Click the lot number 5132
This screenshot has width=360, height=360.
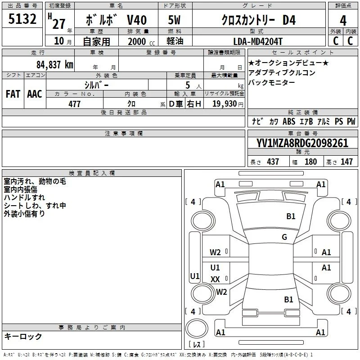click(22, 19)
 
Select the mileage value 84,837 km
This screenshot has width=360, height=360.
click(54, 65)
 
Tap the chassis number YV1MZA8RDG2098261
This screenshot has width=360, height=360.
click(302, 143)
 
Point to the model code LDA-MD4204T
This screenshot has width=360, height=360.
click(257, 41)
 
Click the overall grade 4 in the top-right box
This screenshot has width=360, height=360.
click(343, 21)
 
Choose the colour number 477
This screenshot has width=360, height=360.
click(74, 104)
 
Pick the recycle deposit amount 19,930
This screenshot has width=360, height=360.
click(224, 104)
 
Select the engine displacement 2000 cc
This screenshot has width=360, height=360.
click(141, 41)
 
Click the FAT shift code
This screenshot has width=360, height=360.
click(13, 94)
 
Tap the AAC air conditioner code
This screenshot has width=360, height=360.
click(35, 94)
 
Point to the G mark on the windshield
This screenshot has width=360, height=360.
click(284, 237)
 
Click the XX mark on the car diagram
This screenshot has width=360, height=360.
click(215, 279)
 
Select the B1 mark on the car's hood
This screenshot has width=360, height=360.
click(291, 216)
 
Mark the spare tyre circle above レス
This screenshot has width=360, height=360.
click(197, 328)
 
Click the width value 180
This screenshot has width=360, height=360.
click(310, 162)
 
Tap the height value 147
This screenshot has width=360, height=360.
click(346, 162)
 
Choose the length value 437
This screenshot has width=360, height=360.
click(273, 162)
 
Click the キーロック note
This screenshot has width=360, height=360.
click(23, 337)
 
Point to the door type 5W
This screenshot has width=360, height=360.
click(174, 20)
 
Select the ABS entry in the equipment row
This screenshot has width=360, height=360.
click(289, 121)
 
